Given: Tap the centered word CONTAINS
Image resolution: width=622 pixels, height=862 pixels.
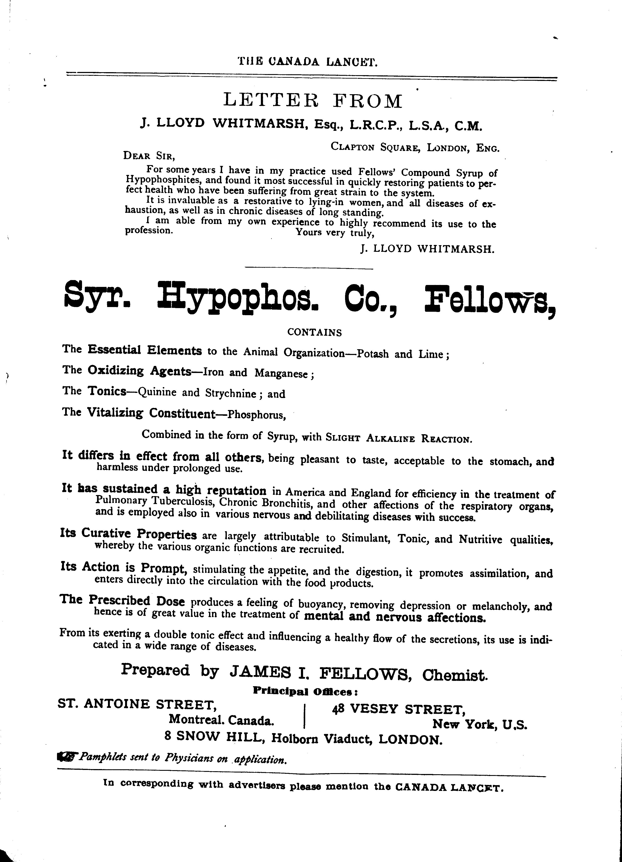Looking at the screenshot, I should pos(314,333).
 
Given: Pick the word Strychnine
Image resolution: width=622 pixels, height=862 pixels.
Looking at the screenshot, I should pos(230,393).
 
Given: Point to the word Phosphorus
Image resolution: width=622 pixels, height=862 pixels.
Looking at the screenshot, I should pos(256,415).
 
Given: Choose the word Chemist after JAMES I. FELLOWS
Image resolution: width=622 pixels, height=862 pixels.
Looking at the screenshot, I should pos(455,674).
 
